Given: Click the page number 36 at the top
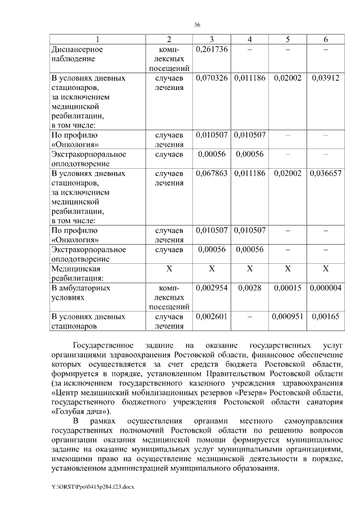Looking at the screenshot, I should pyautogui.click(x=197, y=25).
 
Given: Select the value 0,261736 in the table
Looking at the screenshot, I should pyautogui.click(x=211, y=49).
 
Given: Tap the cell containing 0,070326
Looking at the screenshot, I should pyautogui.click(x=211, y=78).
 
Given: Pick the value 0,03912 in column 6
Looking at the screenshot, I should pyautogui.click(x=326, y=78).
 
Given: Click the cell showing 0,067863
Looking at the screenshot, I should pyautogui.click(x=211, y=173).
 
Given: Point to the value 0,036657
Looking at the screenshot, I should pyautogui.click(x=326, y=173).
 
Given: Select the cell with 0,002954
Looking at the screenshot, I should pyautogui.click(x=211, y=288).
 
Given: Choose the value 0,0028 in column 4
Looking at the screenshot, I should pyautogui.click(x=250, y=288).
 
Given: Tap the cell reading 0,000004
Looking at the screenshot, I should pyautogui.click(x=326, y=288).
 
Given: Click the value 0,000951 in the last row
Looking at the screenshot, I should pyautogui.click(x=287, y=317).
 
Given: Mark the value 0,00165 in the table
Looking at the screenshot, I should pyautogui.click(x=326, y=317).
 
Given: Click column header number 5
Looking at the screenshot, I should pyautogui.click(x=287, y=39).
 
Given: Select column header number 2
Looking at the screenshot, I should pyautogui.click(x=169, y=39).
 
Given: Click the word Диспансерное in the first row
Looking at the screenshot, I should pyautogui.click(x=77, y=49).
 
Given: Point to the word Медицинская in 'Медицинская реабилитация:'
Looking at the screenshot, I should pyautogui.click(x=74, y=269).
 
